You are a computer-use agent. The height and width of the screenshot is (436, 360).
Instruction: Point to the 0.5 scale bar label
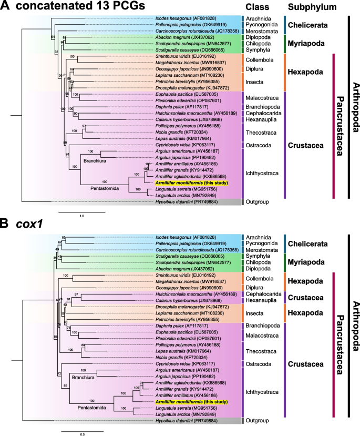click(68, 420)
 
